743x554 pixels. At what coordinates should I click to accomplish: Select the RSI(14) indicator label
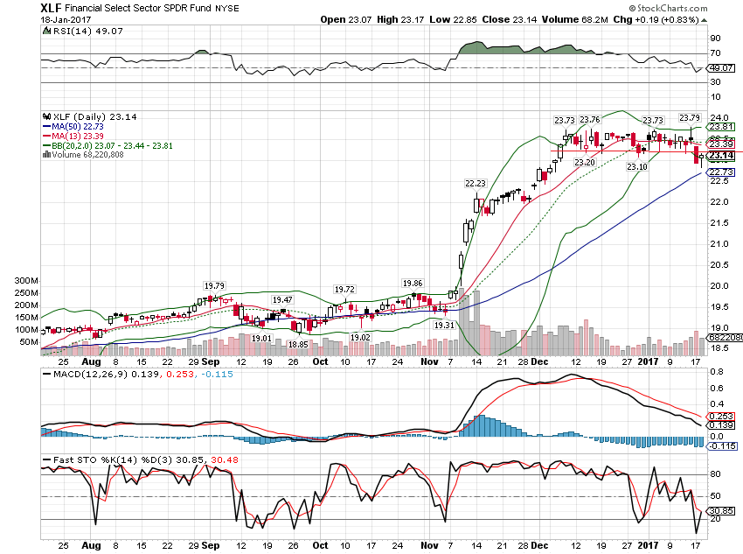pyautogui.click(x=67, y=30)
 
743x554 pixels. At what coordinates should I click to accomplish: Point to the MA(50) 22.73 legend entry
pyautogui.click(x=80, y=126)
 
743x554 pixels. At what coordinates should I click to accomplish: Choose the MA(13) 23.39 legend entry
pyautogui.click(x=80, y=136)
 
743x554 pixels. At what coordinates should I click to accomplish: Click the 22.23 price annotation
pyautogui.click(x=476, y=183)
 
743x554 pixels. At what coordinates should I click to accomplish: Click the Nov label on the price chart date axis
pyautogui.click(x=428, y=361)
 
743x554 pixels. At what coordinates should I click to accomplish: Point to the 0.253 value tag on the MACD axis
pyautogui.click(x=719, y=417)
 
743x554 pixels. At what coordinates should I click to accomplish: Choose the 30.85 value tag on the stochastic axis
pyautogui.click(x=720, y=510)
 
